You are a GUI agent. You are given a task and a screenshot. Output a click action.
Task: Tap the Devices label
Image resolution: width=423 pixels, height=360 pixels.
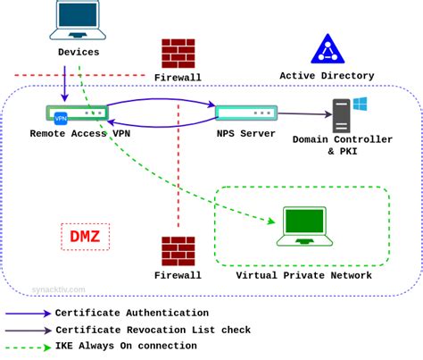(79, 53)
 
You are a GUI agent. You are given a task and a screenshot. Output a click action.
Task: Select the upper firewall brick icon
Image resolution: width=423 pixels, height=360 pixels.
(178, 54)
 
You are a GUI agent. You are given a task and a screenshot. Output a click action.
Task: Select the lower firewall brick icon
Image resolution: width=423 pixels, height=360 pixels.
(178, 252)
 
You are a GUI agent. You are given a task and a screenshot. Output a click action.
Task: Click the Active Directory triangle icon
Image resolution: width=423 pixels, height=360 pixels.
(328, 49)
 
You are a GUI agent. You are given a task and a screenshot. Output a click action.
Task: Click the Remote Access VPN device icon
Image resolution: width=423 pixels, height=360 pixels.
(77, 113)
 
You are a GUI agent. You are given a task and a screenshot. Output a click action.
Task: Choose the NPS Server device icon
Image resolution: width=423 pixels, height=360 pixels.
(245, 113)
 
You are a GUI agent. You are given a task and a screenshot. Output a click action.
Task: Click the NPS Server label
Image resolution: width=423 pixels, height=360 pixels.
(246, 133)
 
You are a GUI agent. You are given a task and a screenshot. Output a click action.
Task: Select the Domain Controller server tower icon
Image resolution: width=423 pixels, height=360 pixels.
(344, 115)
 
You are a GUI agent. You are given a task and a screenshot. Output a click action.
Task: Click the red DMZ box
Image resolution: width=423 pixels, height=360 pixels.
(85, 237)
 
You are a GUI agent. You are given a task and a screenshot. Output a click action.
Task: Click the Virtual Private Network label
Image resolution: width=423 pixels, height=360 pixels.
(303, 276)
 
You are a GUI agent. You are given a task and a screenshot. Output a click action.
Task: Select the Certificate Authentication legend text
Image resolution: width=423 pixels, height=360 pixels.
(131, 314)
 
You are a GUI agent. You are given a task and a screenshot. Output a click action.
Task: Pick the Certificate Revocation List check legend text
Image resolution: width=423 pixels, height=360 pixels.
(153, 331)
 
